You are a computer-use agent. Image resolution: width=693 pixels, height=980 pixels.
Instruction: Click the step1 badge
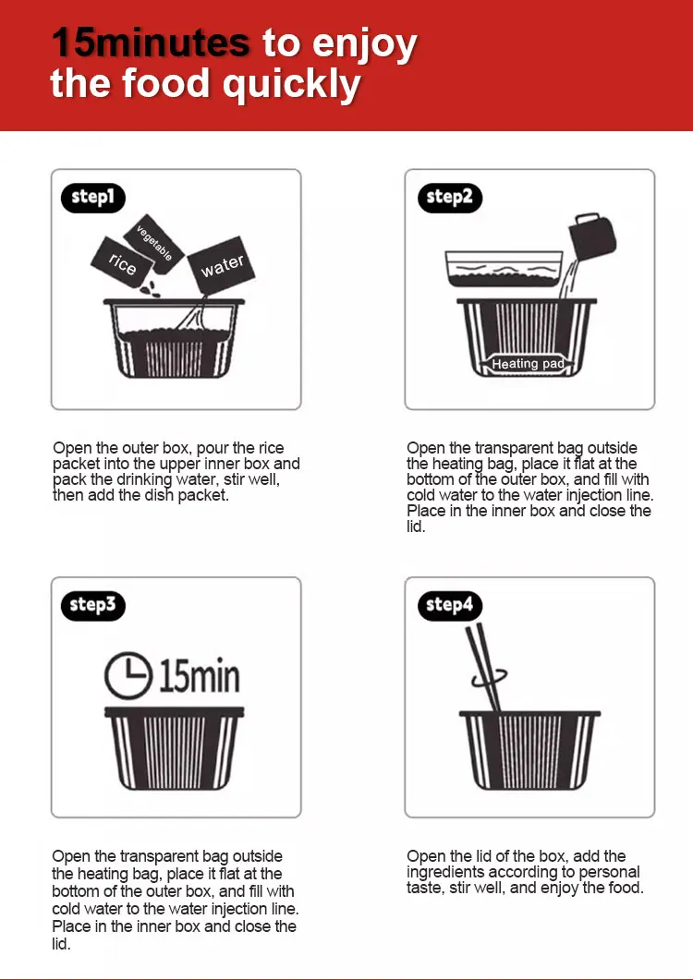[x=93, y=198]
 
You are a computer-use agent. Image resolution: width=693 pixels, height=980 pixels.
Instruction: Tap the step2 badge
[x=450, y=198]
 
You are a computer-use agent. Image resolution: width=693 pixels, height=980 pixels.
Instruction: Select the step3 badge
[x=93, y=605]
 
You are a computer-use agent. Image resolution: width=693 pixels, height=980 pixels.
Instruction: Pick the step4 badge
[x=450, y=605]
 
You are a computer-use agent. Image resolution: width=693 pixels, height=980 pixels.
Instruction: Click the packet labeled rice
[x=122, y=263]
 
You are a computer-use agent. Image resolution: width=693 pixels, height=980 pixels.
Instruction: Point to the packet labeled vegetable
[x=154, y=244]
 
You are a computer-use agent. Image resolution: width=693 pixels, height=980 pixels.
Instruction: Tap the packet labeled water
[x=222, y=266]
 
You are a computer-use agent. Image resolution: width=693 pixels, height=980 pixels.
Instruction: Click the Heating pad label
[x=528, y=364]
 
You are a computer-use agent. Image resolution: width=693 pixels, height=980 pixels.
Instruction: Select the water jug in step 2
[x=591, y=238]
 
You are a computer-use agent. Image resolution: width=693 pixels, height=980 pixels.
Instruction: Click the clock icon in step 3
[x=128, y=675]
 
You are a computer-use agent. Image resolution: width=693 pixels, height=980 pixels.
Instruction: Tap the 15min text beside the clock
[x=200, y=676]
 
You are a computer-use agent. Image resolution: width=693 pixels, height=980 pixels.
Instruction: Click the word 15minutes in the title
[x=151, y=42]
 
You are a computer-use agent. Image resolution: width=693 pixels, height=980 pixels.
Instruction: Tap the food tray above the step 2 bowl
[x=505, y=269]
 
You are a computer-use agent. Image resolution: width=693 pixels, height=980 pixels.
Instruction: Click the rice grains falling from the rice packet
[x=150, y=289]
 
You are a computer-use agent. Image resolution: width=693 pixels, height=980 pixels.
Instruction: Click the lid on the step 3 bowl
[x=175, y=712]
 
